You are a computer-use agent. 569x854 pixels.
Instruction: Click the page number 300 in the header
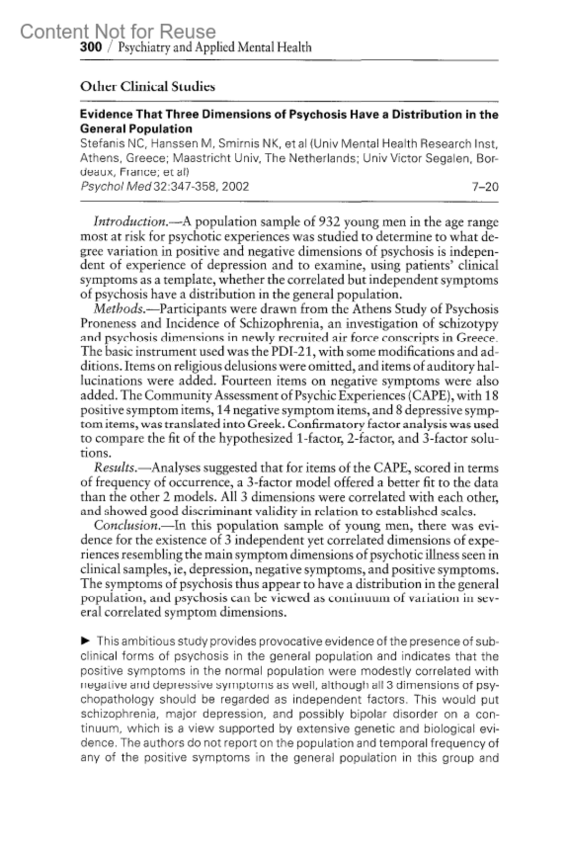91,47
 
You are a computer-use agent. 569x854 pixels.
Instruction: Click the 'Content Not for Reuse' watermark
118,31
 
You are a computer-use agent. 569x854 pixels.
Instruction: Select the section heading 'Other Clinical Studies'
147,87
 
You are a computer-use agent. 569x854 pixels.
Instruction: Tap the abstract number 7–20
485,186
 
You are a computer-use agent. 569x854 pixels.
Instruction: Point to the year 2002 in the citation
235,186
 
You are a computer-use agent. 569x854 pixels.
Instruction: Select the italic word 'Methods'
119,309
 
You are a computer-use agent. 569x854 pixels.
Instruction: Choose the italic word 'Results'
114,468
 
